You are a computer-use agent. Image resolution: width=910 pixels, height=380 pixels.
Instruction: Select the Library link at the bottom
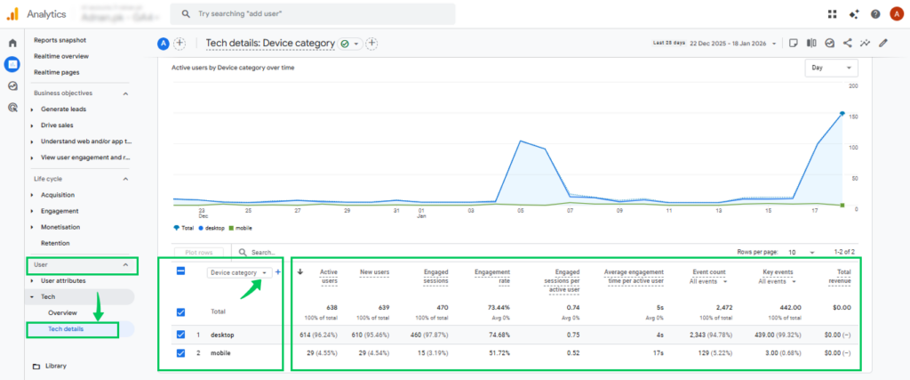pyautogui.click(x=56, y=366)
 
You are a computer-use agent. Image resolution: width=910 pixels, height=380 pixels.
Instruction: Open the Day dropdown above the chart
pyautogui.click(x=830, y=68)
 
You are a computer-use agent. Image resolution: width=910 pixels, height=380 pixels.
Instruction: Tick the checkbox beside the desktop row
pyautogui.click(x=181, y=335)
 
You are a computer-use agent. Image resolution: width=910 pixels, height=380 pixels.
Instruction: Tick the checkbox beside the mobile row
pyautogui.click(x=181, y=353)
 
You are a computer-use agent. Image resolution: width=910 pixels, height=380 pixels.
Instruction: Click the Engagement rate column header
pyautogui.click(x=491, y=276)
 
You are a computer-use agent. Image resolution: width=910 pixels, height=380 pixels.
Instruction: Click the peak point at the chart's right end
pyautogui.click(x=841, y=113)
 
